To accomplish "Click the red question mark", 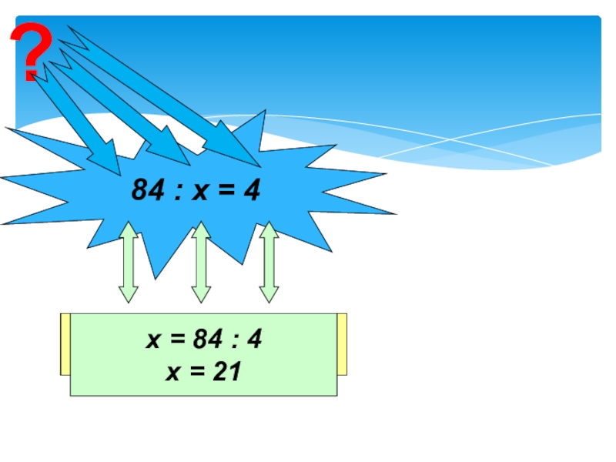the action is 31,52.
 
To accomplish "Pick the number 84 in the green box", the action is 207,340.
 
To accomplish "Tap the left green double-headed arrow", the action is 128,262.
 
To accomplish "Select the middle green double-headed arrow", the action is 200,262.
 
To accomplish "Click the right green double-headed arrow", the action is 268,262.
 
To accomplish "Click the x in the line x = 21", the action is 172,373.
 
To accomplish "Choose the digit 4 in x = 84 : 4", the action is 255,340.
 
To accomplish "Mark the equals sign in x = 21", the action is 198,373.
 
